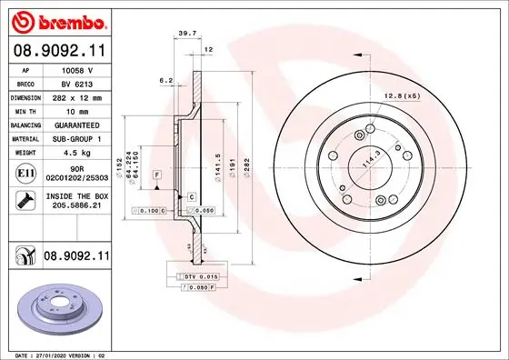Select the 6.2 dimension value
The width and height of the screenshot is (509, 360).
tap(167, 80)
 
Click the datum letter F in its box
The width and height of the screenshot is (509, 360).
tap(156, 173)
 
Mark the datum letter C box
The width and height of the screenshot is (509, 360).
tap(193, 195)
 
